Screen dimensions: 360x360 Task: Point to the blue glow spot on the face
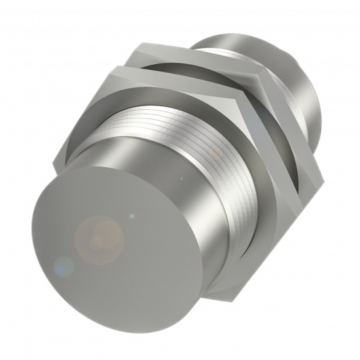point(63,266)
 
